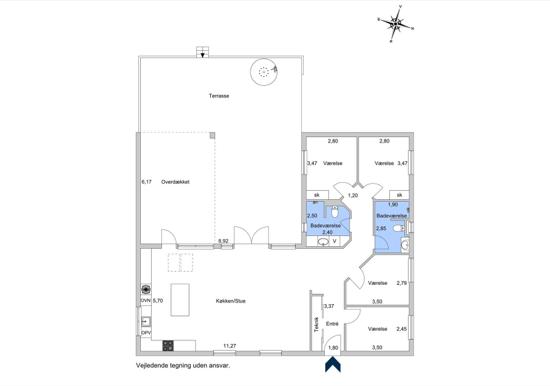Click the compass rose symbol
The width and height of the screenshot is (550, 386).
tap(396, 24)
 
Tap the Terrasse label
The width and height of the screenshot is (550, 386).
tap(219, 96)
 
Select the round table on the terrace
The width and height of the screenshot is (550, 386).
tap(264, 72)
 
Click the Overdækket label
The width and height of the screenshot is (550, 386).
tap(175, 182)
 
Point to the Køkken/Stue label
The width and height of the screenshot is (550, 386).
tap(230, 301)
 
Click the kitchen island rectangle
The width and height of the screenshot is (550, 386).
tap(180, 300)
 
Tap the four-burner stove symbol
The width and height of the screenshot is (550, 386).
tap(168, 346)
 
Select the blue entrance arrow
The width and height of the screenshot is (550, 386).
tap(333, 364)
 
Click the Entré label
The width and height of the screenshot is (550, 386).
tap(332, 324)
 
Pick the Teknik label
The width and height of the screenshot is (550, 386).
tap(316, 325)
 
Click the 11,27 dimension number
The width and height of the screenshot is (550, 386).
tap(230, 346)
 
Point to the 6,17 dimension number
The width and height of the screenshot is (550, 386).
tap(147, 182)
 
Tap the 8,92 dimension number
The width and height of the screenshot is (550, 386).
tap(223, 241)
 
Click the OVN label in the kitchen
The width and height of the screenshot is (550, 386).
tap(146, 301)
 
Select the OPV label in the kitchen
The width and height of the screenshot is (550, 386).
tap(146, 332)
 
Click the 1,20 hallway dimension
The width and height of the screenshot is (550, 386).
tap(353, 195)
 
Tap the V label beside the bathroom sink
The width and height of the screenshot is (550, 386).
tap(335, 241)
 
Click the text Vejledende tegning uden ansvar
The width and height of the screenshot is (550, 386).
tap(183, 366)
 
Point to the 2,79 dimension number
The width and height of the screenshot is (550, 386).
tap(402, 283)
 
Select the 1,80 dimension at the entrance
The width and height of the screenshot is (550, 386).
tap(333, 348)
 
